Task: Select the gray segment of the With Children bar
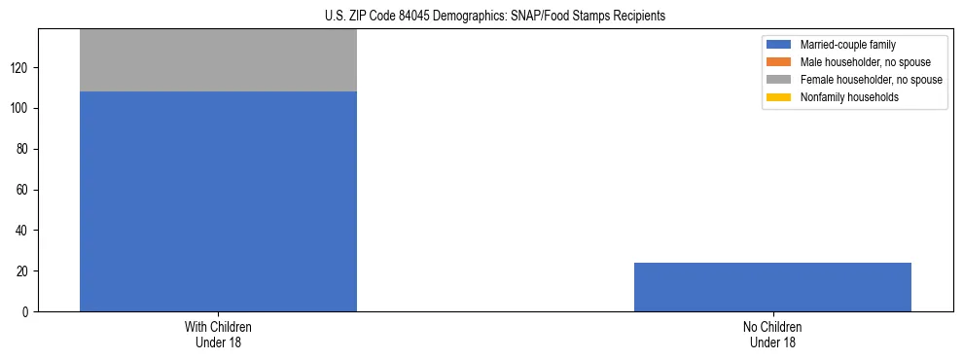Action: point(218,60)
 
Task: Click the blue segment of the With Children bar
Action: point(218,201)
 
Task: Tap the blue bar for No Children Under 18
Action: point(772,287)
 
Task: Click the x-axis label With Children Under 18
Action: point(218,334)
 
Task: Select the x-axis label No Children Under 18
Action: point(772,334)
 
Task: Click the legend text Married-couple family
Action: point(848,45)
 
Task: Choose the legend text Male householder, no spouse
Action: point(865,62)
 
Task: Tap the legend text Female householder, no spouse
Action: point(871,80)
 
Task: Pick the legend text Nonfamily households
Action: point(849,97)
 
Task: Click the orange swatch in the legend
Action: point(779,62)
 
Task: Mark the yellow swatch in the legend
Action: point(779,97)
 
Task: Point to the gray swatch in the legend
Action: point(779,80)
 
